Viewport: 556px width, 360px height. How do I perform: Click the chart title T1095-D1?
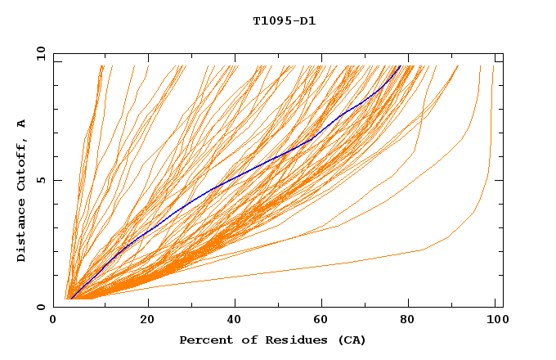pos(284,21)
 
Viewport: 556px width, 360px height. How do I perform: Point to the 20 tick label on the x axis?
pos(147,320)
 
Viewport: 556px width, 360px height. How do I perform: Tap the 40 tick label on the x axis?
pos(235,320)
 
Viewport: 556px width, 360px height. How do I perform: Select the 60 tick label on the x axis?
pos(323,320)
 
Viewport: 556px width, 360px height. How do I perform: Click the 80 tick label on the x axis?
pos(410,320)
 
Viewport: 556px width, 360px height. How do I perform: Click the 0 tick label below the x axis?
pos(54,320)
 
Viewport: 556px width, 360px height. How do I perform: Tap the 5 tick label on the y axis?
pos(40,180)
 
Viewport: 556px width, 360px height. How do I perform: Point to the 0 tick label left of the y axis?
pos(40,307)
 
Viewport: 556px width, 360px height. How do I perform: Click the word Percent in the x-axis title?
pos(203,340)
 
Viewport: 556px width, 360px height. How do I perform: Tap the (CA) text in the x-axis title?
pos(350,340)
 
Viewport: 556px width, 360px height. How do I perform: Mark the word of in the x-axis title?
pos(247,340)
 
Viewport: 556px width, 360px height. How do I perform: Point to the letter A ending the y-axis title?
pos(22,124)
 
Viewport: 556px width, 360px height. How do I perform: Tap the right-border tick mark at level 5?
pos(499,180)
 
